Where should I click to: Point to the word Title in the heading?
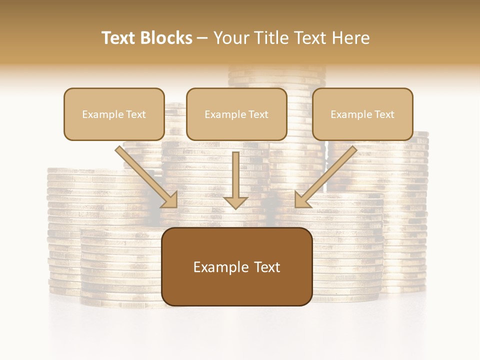coord(271,38)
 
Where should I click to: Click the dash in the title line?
coord(202,38)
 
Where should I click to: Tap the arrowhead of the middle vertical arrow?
coord(235,202)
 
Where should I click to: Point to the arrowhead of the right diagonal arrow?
coord(301,200)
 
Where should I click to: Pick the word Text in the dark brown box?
coord(267,267)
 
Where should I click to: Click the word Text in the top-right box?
coord(384,114)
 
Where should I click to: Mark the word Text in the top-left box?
coord(136,114)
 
